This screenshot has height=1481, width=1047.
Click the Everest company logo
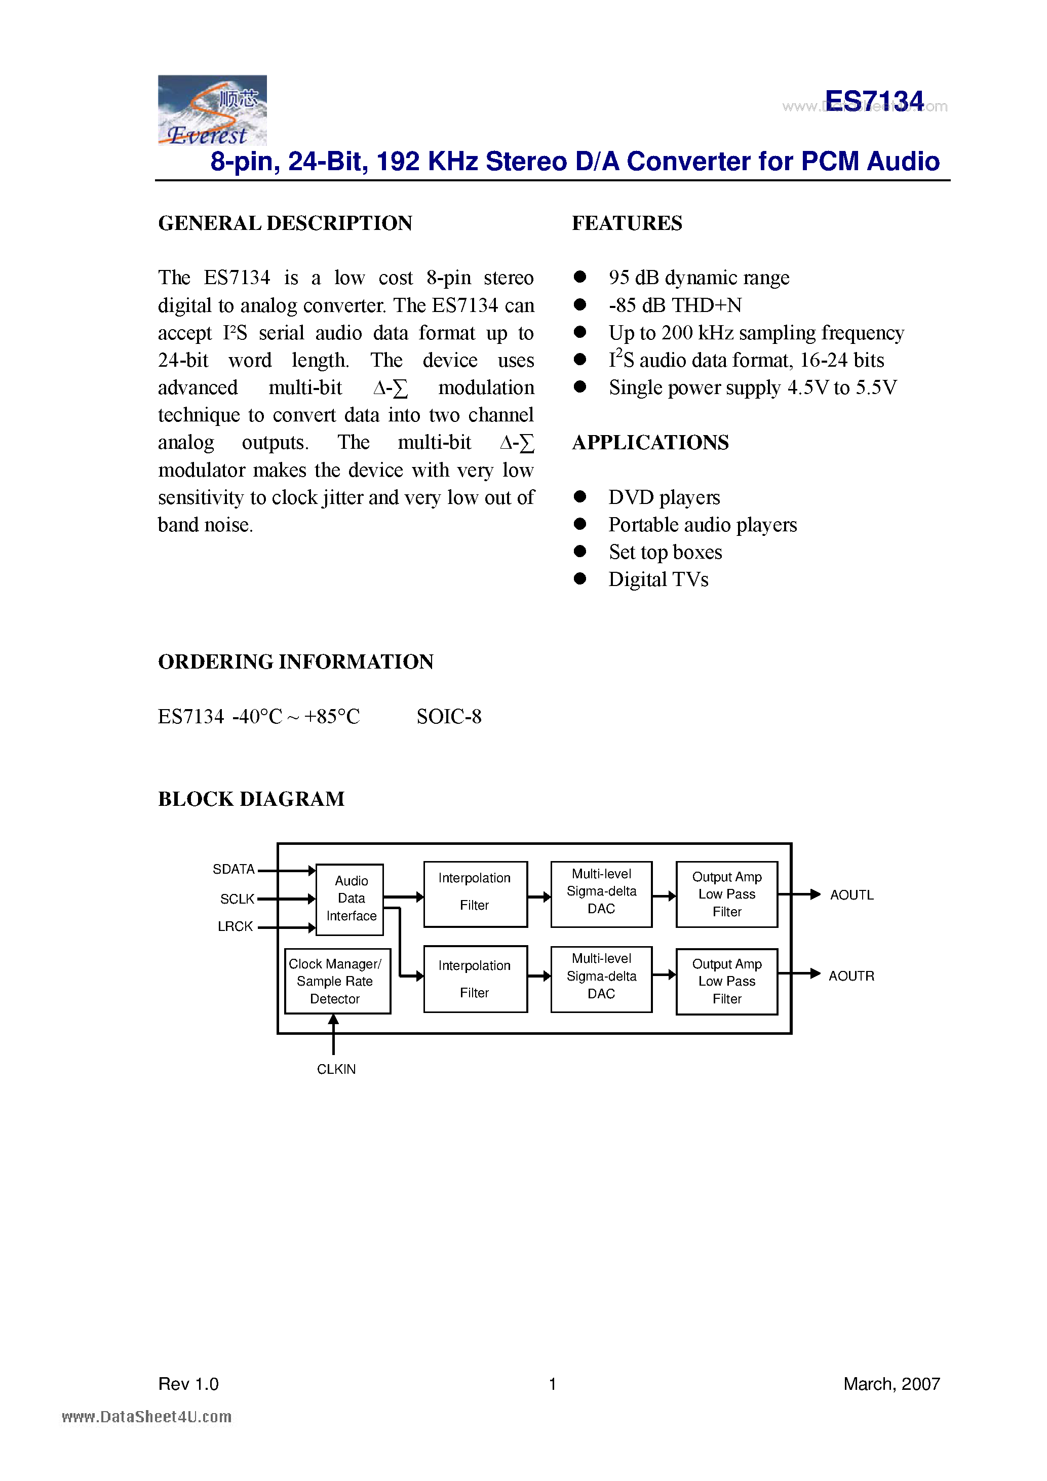pyautogui.click(x=212, y=110)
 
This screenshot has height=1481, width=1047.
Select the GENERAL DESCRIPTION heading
pyautogui.click(x=285, y=223)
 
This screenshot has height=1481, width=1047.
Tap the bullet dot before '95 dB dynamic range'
pyautogui.click(x=580, y=277)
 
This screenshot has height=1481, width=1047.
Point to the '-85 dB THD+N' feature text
pyautogui.click(x=675, y=305)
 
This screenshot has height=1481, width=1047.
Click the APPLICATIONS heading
pyautogui.click(x=650, y=443)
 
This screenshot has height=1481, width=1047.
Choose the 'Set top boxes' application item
pyautogui.click(x=665, y=552)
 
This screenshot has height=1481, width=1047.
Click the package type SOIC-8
pyautogui.click(x=449, y=717)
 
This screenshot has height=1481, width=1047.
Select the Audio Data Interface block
pyautogui.click(x=351, y=899)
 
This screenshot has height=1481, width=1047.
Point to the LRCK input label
pyautogui.click(x=235, y=926)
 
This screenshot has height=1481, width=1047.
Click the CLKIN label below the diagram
pyautogui.click(x=336, y=1069)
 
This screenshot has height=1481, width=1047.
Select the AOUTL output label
pyautogui.click(x=851, y=895)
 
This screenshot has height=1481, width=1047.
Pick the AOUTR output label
pyautogui.click(x=851, y=976)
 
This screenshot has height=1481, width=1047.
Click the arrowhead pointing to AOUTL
pyautogui.click(x=816, y=894)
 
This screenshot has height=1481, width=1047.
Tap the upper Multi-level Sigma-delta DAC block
pyautogui.click(x=601, y=892)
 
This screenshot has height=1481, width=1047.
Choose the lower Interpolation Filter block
pyautogui.click(x=475, y=979)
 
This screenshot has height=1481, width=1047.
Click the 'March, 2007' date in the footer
pyautogui.click(x=891, y=1384)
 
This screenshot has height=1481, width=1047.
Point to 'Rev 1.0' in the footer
pyautogui.click(x=188, y=1384)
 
